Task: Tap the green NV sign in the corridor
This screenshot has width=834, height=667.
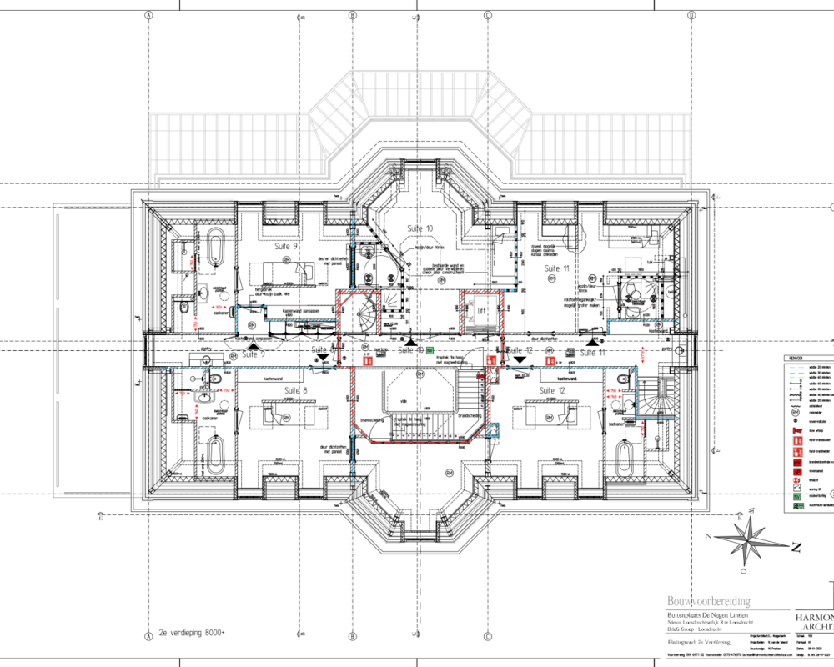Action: pyautogui.click(x=430, y=352)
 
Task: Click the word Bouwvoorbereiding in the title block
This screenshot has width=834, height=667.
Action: pyautogui.click(x=708, y=601)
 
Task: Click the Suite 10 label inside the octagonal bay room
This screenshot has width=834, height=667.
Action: pyautogui.click(x=420, y=228)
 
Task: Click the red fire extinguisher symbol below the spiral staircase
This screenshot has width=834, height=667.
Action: pyautogui.click(x=368, y=361)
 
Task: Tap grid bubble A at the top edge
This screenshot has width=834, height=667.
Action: pyautogui.click(x=148, y=15)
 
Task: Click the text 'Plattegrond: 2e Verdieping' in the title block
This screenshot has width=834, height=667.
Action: pyautogui.click(x=699, y=643)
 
